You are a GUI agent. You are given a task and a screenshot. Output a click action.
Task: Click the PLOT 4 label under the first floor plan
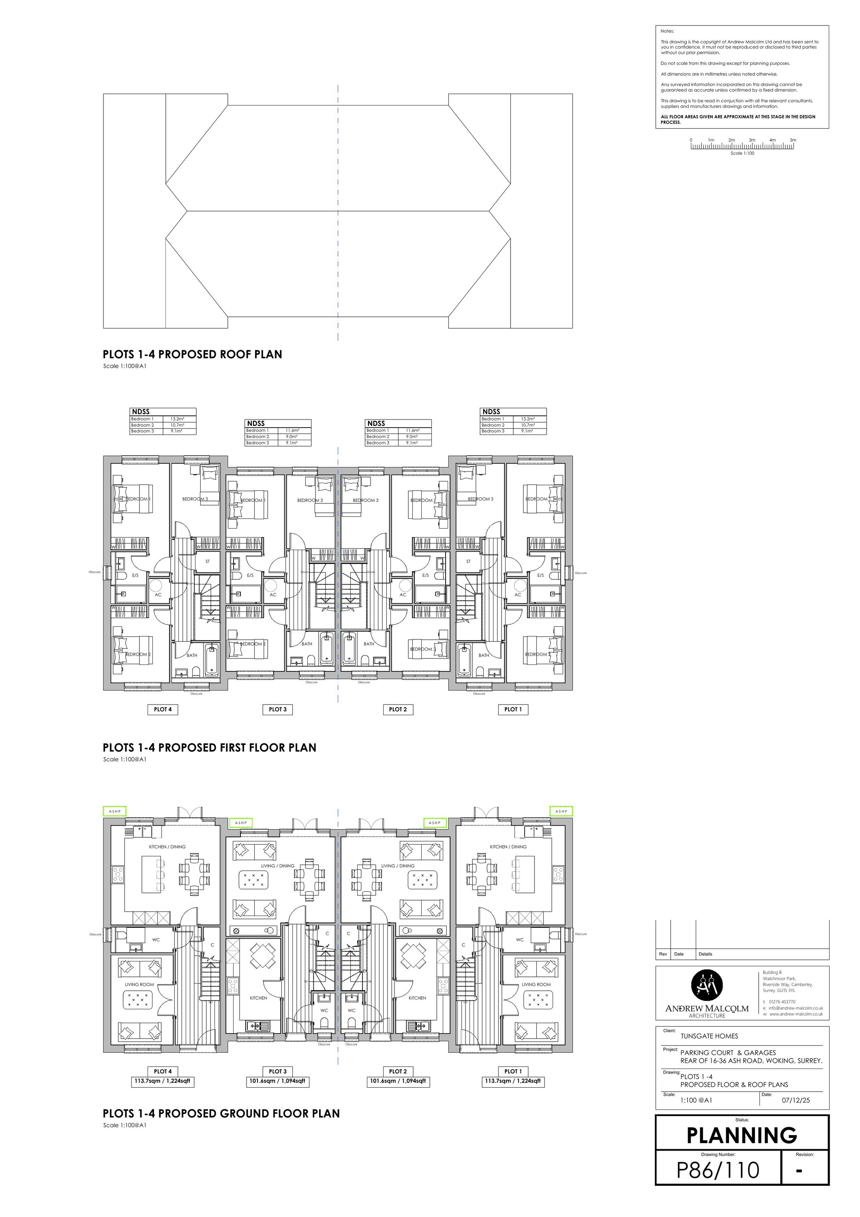click(163, 709)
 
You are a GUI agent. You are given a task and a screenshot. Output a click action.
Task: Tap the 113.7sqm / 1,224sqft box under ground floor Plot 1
click(513, 1081)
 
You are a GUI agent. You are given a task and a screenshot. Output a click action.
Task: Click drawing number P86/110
click(718, 1170)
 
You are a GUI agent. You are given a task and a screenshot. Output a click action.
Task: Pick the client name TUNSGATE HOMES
click(709, 1036)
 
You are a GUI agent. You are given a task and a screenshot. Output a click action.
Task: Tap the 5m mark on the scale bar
click(793, 140)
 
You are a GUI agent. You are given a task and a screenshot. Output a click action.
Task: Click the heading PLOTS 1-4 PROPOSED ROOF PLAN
click(192, 354)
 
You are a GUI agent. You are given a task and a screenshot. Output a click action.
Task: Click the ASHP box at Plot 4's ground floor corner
click(114, 811)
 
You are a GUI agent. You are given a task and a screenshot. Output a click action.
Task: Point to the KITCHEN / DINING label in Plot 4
click(167, 847)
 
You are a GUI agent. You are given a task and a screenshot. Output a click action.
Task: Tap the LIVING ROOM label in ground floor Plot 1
click(536, 984)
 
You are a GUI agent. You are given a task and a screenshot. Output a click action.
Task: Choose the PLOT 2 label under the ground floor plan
click(398, 1071)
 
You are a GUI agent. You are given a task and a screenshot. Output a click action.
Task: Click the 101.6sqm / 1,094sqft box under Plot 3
click(278, 1081)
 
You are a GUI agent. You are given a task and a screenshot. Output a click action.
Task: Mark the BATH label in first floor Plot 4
click(192, 655)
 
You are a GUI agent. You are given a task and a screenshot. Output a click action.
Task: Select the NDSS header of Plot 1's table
click(491, 411)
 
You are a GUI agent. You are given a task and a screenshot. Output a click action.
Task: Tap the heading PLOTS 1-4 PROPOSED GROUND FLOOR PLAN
click(221, 1113)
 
